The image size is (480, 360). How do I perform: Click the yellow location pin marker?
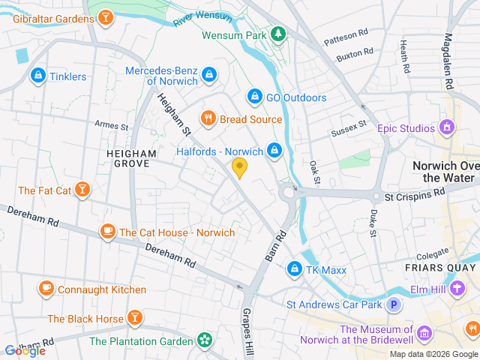[x=239, y=168]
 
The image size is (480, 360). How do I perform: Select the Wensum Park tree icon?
[x=277, y=34]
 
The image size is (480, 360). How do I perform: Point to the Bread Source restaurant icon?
[x=207, y=118]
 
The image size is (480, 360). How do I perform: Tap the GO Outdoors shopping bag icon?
[x=254, y=97]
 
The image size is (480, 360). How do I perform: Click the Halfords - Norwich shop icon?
[x=274, y=151]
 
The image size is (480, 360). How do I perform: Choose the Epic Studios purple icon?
[x=448, y=127]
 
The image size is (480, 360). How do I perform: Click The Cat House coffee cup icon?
[x=108, y=232]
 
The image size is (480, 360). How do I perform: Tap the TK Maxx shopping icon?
[x=295, y=268]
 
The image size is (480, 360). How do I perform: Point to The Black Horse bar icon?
[x=136, y=318]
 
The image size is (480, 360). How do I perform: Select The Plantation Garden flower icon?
[x=204, y=340]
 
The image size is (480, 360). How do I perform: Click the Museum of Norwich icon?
[x=424, y=331]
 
